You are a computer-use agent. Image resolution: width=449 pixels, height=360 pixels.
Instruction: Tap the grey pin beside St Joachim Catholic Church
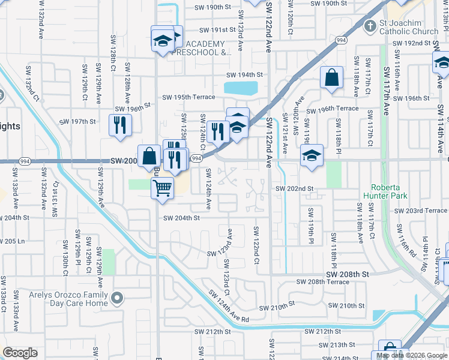click(x=370, y=26)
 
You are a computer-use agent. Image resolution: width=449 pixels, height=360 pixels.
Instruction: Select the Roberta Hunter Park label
click(x=388, y=191)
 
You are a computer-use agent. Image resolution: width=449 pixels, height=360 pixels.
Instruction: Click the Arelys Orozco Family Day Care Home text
click(x=69, y=299)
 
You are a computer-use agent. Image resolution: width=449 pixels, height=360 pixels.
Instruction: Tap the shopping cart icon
click(x=163, y=188)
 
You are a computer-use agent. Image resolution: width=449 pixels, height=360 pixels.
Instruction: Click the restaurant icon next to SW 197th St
click(x=119, y=125)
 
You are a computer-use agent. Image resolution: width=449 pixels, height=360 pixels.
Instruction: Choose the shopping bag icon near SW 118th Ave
click(x=331, y=77)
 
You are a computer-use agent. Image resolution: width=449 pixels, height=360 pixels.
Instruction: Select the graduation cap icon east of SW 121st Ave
click(x=312, y=156)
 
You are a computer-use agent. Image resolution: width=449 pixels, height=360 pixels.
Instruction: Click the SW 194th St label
click(x=244, y=75)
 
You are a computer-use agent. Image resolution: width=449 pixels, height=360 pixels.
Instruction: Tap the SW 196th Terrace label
click(x=333, y=109)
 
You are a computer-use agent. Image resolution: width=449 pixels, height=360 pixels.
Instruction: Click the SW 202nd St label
click(x=294, y=188)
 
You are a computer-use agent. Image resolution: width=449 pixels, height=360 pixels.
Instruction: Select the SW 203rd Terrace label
click(x=421, y=211)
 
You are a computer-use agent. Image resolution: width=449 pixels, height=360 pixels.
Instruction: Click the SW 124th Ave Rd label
click(x=228, y=307)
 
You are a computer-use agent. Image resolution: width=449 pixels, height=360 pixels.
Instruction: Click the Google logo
click(x=20, y=353)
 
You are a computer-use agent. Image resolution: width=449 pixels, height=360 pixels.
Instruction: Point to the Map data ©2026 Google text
click(x=411, y=355)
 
